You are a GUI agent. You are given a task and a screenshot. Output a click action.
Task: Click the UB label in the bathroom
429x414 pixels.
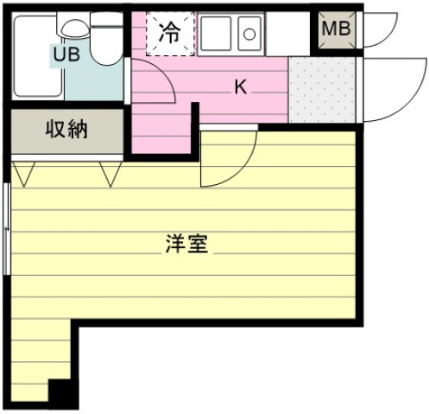pyautogui.click(x=66, y=54)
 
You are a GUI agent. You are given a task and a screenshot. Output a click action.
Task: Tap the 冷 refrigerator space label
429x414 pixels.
pyautogui.click(x=170, y=32)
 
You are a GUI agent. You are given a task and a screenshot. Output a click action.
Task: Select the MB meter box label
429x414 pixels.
pyautogui.click(x=337, y=29)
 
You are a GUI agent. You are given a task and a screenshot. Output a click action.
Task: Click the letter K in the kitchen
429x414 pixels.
pyautogui.click(x=241, y=86)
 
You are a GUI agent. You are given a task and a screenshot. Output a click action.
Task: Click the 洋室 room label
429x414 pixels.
pyautogui.click(x=186, y=244)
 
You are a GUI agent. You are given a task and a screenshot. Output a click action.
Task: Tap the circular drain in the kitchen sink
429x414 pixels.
pyautogui.click(x=249, y=35)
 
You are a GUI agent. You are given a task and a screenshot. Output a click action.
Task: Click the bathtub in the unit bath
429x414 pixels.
pyautogui.click(x=37, y=56)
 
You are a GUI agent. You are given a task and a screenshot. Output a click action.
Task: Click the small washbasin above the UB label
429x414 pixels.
pyautogui.click(x=75, y=28)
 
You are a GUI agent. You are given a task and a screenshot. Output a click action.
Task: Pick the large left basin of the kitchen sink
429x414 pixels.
pyautogui.click(x=216, y=34)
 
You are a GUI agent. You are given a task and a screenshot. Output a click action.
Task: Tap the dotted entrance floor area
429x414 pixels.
pyautogui.click(x=322, y=90)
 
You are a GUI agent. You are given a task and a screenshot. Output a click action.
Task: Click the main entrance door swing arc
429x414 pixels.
pyautogui.click(x=417, y=98)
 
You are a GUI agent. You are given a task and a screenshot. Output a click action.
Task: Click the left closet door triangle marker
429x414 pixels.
pyautogui.click(x=24, y=174)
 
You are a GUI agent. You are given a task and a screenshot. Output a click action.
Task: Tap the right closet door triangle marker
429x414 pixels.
pyautogui.click(x=110, y=174)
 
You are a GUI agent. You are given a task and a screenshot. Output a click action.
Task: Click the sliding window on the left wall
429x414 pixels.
pyautogui.click(x=7, y=229)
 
